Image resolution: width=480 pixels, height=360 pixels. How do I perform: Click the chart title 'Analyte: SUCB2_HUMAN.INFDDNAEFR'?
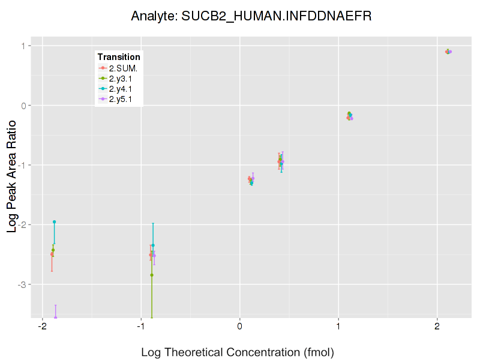(251, 16)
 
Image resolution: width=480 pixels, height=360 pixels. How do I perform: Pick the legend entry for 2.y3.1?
(119, 78)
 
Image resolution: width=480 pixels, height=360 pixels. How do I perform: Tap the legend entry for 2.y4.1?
(119, 88)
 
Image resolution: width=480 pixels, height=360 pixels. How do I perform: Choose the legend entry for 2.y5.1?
(119, 98)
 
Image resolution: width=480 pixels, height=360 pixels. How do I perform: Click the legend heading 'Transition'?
(119, 57)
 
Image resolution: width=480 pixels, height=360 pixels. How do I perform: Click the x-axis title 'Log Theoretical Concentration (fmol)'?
(237, 352)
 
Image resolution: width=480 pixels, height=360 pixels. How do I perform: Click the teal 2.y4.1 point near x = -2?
(54, 222)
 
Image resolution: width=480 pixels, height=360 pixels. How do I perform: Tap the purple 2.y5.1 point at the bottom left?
(55, 317)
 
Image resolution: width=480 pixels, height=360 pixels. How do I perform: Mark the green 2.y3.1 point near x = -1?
(152, 275)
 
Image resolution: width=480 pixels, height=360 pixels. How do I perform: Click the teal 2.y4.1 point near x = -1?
(153, 245)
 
